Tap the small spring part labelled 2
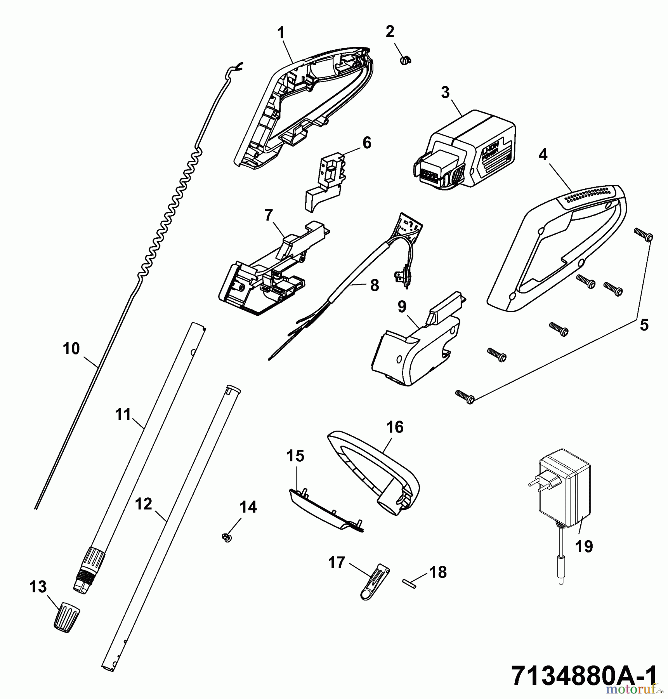[405, 60]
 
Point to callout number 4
[543, 155]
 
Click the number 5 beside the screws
[644, 325]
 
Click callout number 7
[269, 215]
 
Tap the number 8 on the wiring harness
[374, 285]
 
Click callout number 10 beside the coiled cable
[71, 349]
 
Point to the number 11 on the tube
[123, 414]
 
